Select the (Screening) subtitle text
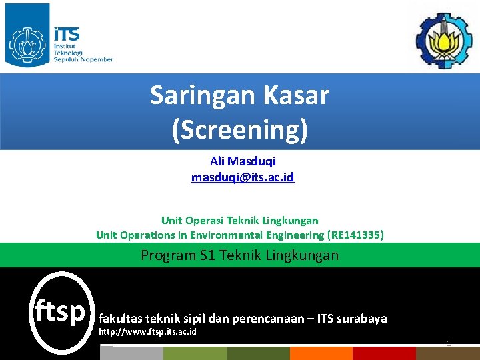coord(239,129)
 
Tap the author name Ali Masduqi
coord(243,161)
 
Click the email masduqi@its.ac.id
coord(243,177)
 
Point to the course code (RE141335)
coord(356,235)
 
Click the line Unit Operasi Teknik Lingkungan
coord(239,220)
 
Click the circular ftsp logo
coord(60,311)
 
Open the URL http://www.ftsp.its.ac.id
coord(147,331)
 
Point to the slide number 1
coord(449,343)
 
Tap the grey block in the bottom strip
coord(130,353)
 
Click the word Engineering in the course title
coord(293,235)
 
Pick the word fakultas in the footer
coord(119,318)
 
